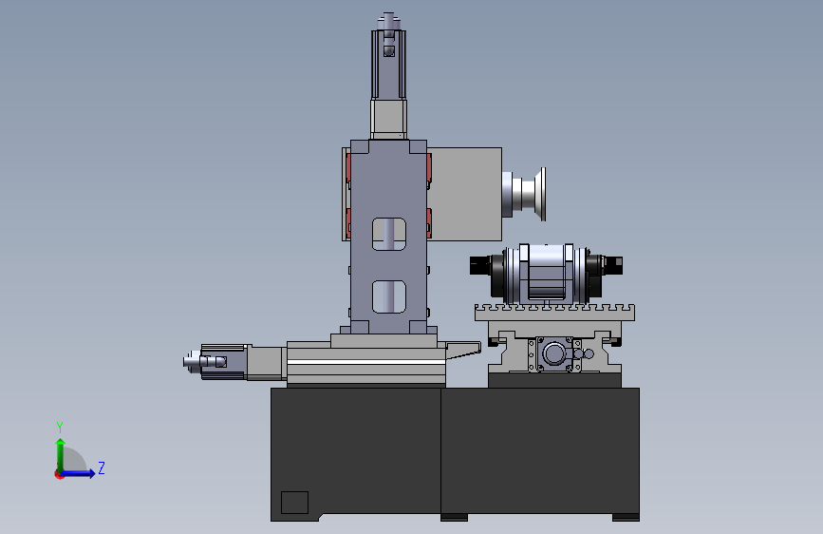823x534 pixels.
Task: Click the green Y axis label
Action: click(x=60, y=428)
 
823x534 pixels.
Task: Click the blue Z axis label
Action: click(x=102, y=467)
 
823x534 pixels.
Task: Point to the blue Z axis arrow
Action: click(x=79, y=473)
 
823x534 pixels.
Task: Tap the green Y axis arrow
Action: click(x=61, y=455)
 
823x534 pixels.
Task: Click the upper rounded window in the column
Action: click(x=389, y=234)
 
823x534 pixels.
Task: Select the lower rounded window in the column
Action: click(x=389, y=296)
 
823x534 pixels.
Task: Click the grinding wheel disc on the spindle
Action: click(x=540, y=194)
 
